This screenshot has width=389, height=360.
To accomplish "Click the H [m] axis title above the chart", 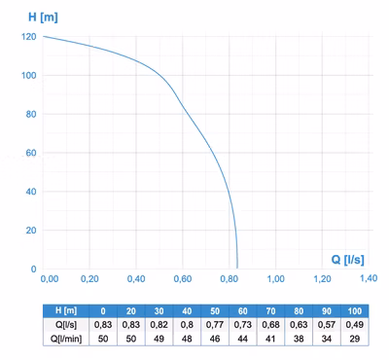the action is (x=43, y=17).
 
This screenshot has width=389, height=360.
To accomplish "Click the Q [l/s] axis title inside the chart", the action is (x=347, y=260).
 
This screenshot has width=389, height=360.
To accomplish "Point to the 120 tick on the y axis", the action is (x=29, y=37).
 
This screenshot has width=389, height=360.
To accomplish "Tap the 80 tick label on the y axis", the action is (x=31, y=114).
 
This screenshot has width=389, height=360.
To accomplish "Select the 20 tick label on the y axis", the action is (x=31, y=231).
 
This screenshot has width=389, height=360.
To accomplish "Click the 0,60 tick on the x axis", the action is (x=183, y=278).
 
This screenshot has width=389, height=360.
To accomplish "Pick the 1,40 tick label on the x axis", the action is (x=369, y=278).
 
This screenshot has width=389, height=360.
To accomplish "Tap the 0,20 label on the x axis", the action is (x=89, y=278).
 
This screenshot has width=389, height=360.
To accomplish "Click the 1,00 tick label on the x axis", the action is (x=276, y=278).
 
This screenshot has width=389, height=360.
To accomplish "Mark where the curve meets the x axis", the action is (x=237, y=269).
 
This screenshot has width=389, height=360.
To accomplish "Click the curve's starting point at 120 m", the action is (x=43, y=36).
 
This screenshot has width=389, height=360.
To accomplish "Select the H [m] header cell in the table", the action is (x=66, y=310).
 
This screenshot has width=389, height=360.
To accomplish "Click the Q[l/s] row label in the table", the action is (x=66, y=325).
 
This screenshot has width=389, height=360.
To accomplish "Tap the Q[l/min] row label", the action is (x=66, y=339).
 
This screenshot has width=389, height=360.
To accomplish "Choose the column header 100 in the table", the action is (x=355, y=311).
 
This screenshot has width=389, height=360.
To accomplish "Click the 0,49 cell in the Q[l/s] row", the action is (x=355, y=325).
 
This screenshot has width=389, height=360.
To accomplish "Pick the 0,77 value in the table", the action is (x=215, y=325).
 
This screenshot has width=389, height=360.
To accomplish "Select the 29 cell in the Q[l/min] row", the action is (x=355, y=339).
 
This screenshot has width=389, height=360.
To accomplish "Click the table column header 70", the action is (x=270, y=311).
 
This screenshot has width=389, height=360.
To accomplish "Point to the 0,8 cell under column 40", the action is (x=187, y=325).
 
